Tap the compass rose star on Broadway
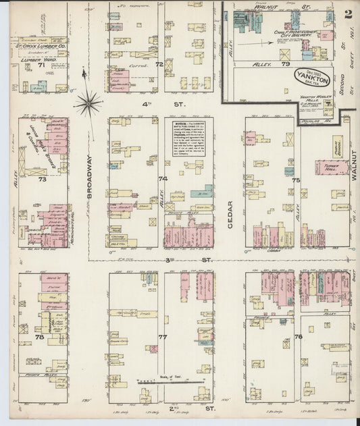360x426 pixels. click(x=88, y=103)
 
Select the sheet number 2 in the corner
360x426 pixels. click(x=347, y=14)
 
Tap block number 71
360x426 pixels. click(x=41, y=65)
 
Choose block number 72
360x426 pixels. click(x=159, y=64)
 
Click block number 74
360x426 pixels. click(x=162, y=179)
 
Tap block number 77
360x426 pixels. click(x=162, y=336)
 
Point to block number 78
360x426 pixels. click(x=39, y=336)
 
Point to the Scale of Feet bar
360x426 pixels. click(x=172, y=382)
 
